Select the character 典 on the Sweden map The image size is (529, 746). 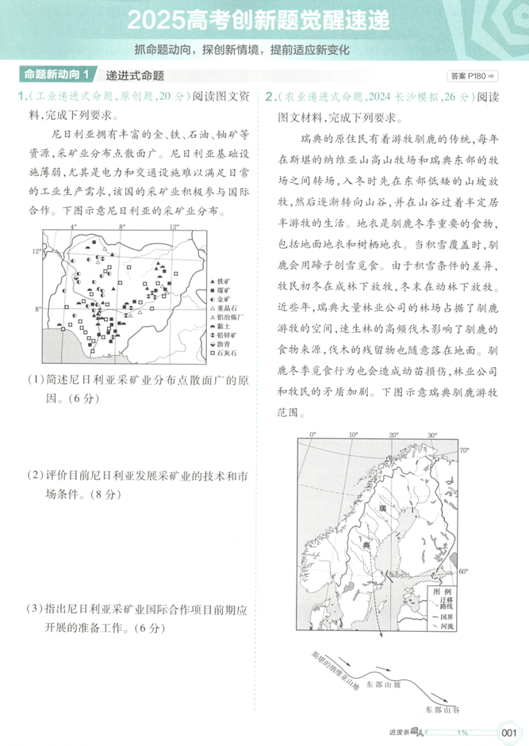pyautogui.click(x=366, y=546)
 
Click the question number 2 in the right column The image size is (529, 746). pyautogui.click(x=270, y=98)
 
